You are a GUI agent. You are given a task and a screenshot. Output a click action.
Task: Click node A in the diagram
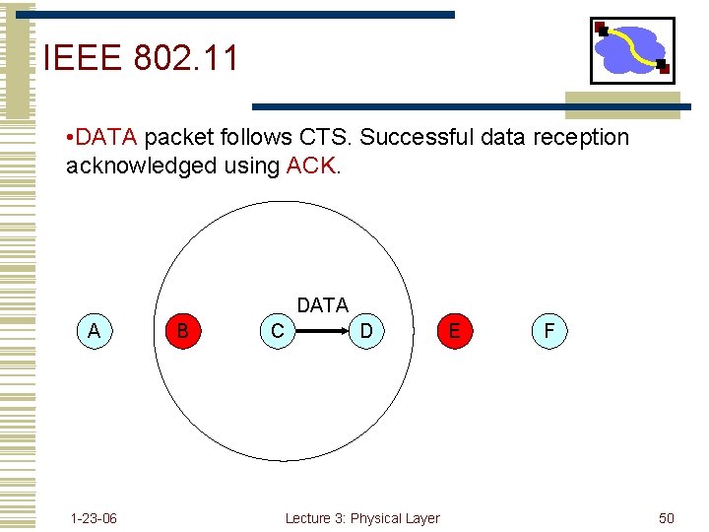94,331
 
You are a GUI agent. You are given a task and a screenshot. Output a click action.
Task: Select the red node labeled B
183,331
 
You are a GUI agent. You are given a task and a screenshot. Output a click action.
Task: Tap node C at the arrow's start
277,331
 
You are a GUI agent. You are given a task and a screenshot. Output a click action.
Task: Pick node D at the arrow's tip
366,331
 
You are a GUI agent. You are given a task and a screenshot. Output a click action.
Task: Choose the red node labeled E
454,331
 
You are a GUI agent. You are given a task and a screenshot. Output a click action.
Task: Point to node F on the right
548,331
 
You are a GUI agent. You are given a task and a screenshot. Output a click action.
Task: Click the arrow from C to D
322,332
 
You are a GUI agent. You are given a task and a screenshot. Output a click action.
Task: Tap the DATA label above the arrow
322,305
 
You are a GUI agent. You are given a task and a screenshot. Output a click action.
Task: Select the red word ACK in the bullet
311,166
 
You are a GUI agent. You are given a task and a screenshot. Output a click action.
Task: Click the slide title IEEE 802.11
141,59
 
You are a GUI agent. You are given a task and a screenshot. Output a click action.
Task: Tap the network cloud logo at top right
632,50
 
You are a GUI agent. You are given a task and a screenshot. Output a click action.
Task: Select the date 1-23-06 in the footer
94,518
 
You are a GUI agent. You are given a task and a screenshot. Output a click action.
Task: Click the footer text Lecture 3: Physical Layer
362,518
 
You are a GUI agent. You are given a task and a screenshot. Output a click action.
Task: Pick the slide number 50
667,518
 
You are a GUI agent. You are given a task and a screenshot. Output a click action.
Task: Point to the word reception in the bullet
579,137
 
